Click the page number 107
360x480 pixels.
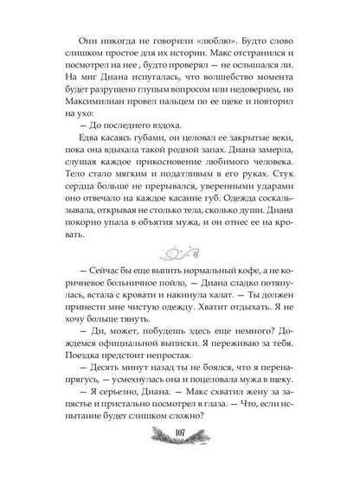point(179,458)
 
